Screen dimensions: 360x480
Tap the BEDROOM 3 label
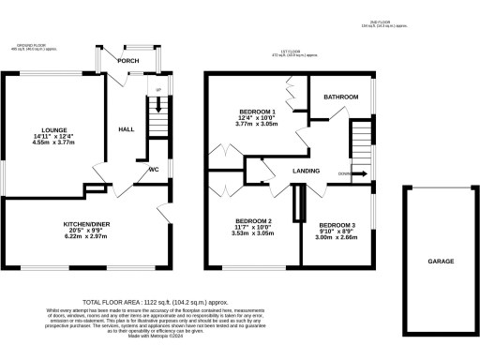(337, 226)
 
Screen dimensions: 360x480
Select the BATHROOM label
(339, 97)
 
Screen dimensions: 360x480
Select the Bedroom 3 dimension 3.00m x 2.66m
(337, 239)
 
